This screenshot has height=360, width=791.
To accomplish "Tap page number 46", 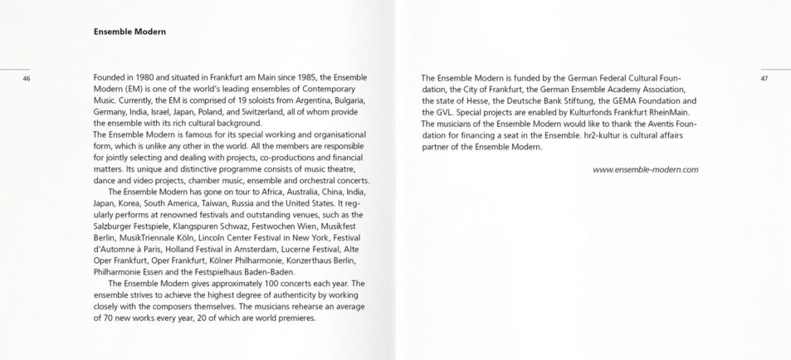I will click(x=27, y=79).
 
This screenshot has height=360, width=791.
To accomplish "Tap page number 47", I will click(x=764, y=79).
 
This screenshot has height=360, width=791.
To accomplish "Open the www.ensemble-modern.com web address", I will click(x=646, y=169).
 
